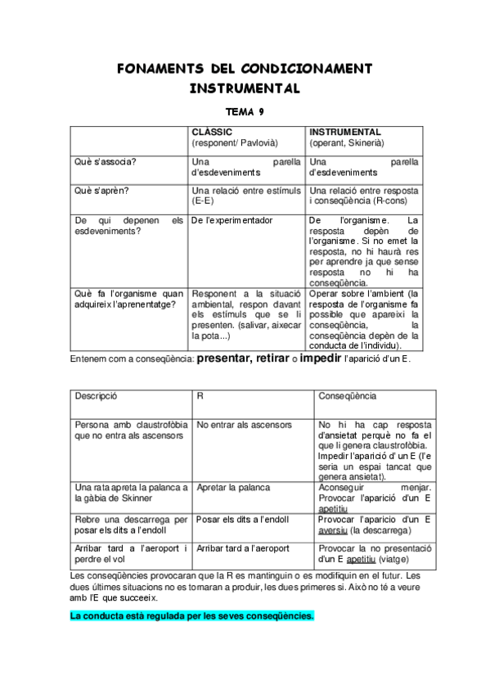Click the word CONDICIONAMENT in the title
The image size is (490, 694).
tap(308, 67)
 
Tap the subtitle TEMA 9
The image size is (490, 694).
tap(245, 111)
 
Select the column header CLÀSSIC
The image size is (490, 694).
tap(212, 132)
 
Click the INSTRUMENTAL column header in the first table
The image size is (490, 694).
tap(345, 132)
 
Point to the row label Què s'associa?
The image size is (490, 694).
tap(106, 161)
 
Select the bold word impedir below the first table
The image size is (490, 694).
tap(326, 358)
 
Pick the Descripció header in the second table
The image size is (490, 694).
tap(97, 396)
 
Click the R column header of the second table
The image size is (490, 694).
tap(200, 396)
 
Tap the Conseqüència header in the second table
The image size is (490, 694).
tap(347, 396)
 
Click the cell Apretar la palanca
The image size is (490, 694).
tap(233, 488)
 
